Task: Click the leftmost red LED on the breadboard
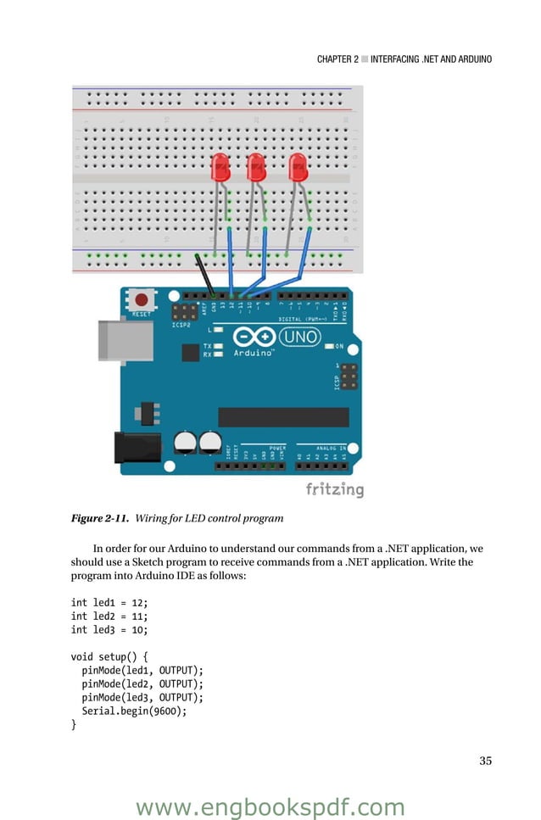coord(221,166)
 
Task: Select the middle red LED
coord(256,166)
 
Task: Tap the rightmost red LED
coord(298,166)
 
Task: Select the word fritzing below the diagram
coord(334,490)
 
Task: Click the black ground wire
coord(206,273)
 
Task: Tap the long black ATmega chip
coord(283,416)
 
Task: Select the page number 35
coord(485,761)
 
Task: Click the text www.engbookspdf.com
coord(270,806)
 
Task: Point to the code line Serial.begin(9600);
coord(134,711)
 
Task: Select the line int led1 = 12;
coord(109,602)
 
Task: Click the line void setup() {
coord(109,656)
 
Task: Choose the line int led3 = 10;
coord(109,629)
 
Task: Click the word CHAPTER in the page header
coord(337,59)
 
